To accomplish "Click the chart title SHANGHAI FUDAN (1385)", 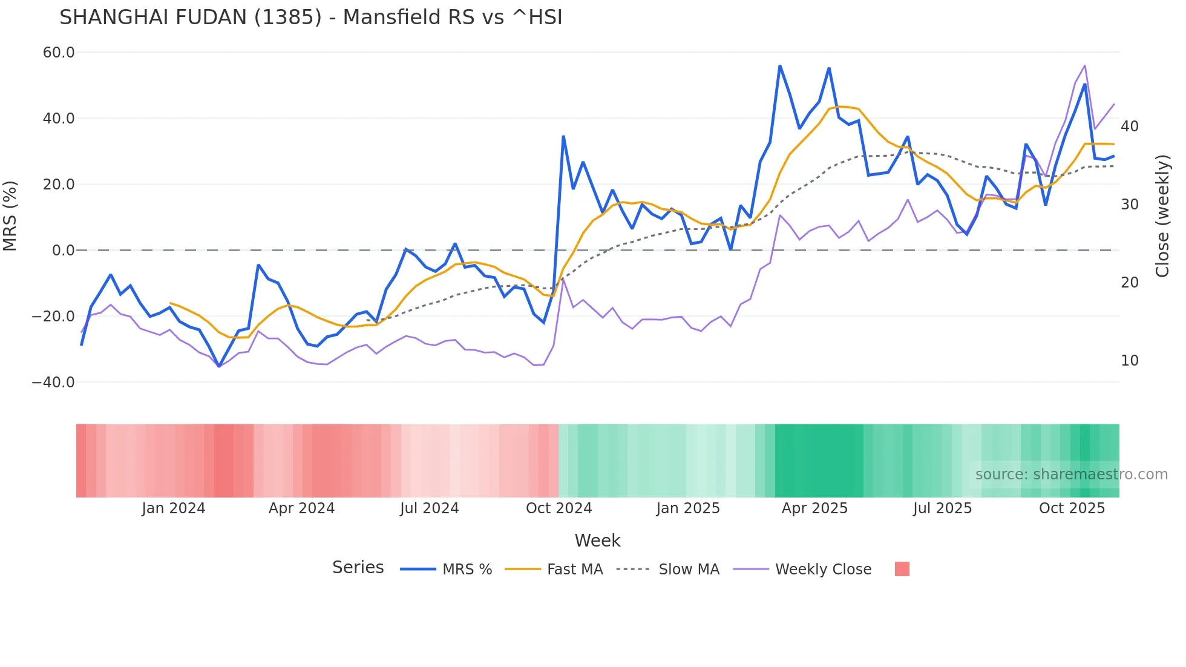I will point(310,18).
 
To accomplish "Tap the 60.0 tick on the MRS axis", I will point(59,53).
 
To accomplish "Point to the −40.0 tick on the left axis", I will point(53,383).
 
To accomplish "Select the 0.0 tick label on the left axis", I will point(63,251).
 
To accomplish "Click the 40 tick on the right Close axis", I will point(1129,126).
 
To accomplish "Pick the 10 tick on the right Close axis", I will point(1129,361).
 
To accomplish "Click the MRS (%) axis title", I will point(10,216).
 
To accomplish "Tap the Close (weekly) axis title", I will point(1162,216).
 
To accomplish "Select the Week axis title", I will point(597,540).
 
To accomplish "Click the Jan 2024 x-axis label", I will point(174,508).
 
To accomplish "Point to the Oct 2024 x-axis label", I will point(559,508).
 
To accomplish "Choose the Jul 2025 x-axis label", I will point(942,508).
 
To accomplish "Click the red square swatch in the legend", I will point(902,569).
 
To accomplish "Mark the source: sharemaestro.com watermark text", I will point(1071,475).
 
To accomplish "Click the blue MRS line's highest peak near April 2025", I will point(780,65).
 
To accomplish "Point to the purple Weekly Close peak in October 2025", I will point(1085,65).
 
